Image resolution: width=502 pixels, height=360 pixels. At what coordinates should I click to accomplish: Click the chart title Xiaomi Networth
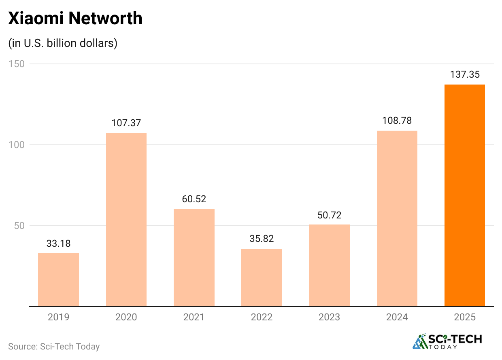pos(75,18)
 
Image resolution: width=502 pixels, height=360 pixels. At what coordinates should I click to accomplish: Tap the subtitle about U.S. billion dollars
pos(63,43)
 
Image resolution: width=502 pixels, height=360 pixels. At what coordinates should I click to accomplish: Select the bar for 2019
pos(58,280)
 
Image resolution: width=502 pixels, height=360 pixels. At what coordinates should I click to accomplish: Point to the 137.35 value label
pos(465,75)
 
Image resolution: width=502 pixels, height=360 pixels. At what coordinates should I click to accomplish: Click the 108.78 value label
pos(397,121)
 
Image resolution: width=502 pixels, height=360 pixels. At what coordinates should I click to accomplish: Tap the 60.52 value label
pos(194,199)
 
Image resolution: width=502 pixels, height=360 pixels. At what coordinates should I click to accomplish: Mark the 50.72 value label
pos(329,215)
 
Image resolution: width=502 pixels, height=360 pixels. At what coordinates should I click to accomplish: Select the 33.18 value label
pos(58,244)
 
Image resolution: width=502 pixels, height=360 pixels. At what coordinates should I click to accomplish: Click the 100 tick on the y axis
pos(16,145)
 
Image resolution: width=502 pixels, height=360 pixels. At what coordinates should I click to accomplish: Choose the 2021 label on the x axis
pos(194,317)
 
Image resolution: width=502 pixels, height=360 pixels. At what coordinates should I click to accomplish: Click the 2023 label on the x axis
pos(329,317)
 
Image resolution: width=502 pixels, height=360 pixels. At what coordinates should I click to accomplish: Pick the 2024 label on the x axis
pos(397,317)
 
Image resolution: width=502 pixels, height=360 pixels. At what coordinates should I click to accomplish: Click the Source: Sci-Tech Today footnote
pos(54,346)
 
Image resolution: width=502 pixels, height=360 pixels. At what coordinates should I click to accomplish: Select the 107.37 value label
pos(126,123)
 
